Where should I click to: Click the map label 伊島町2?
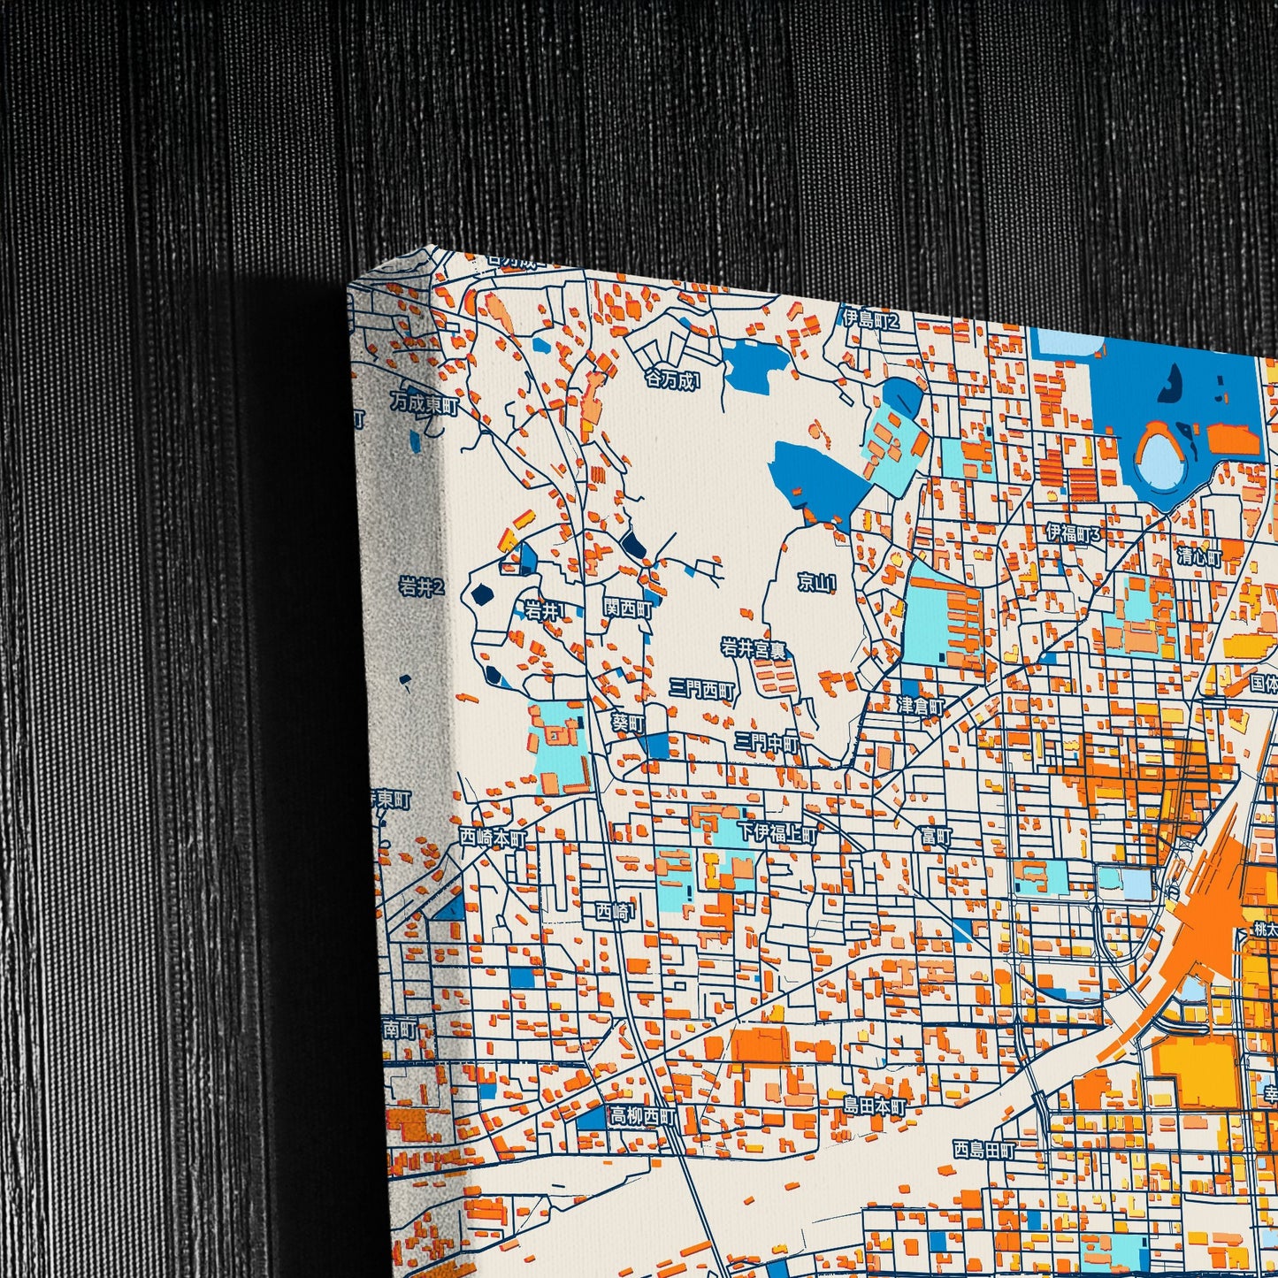[870, 319]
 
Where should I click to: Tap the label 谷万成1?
[672, 380]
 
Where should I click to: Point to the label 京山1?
[816, 582]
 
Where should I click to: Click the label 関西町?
[628, 608]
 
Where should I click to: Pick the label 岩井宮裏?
[754, 649]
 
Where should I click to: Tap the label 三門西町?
[701, 690]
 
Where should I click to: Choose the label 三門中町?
[766, 744]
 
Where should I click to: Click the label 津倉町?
[921, 706]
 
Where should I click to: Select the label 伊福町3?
[1074, 533]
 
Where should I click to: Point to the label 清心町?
[1199, 557]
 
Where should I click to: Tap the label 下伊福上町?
[777, 833]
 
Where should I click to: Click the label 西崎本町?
[493, 837]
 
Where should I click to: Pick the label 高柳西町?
[642, 1117]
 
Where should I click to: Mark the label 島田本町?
[874, 1106]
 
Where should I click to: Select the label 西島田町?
[984, 1151]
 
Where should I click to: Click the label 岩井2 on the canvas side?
[420, 585]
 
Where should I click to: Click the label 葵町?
[629, 723]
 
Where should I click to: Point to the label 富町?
[936, 835]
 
